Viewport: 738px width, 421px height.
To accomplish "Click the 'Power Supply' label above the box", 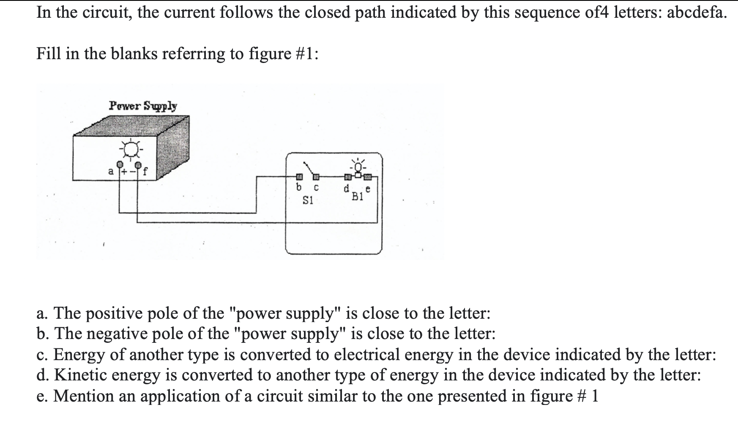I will pyautogui.click(x=143, y=106).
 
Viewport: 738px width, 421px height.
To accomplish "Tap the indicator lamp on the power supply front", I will pyautogui.click(x=131, y=148).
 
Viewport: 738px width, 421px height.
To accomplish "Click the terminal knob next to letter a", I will pyautogui.click(x=120, y=164).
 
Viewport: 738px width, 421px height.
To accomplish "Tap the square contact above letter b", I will pyautogui.click(x=298, y=176).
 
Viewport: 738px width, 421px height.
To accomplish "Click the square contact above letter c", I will pyautogui.click(x=315, y=176).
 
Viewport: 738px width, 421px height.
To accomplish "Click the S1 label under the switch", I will pyautogui.click(x=308, y=201).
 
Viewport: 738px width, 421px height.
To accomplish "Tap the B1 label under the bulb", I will pyautogui.click(x=358, y=197).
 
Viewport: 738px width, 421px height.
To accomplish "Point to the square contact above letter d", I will pyautogui.click(x=347, y=176).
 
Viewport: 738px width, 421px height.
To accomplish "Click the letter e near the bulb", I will pyautogui.click(x=368, y=190).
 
